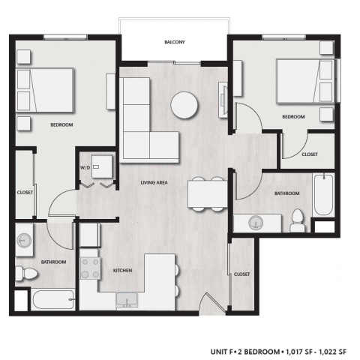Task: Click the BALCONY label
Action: point(175,43)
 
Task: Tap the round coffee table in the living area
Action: point(184,105)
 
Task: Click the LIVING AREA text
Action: point(155,182)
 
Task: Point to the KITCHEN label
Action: point(123,271)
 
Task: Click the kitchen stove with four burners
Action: point(91,269)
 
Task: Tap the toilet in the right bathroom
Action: point(297,220)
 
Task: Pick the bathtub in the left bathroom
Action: point(52,301)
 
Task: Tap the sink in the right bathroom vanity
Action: point(254,222)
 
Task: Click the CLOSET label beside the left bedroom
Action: point(25,193)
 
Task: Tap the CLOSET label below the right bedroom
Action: point(310,154)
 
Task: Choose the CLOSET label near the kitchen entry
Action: point(241,274)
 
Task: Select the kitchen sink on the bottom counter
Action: point(128,301)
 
